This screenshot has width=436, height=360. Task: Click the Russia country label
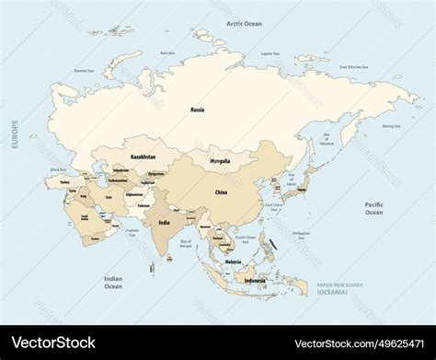[x=197, y=110]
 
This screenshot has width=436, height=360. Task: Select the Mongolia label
[x=221, y=161]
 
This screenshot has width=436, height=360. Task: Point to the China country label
[x=221, y=192]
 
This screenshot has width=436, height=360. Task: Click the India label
[x=164, y=222]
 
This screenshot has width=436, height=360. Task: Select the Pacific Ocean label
[x=373, y=208]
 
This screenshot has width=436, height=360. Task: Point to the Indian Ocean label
[x=112, y=282]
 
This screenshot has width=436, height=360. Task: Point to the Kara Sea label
[x=166, y=53]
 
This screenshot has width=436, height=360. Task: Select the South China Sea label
[x=244, y=238]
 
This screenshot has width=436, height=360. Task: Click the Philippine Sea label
[x=301, y=233]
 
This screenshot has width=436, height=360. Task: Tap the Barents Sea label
[x=84, y=70]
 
